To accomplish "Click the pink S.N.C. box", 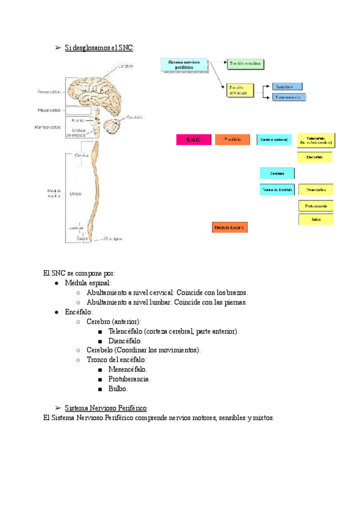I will [x=193, y=140].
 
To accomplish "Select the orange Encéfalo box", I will [x=232, y=140].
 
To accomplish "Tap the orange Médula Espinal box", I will [x=230, y=227].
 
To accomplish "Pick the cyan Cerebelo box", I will [x=277, y=173].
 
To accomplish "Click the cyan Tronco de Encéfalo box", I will [x=277, y=190].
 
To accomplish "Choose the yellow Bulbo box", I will [x=316, y=220].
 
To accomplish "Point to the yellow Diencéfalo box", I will [x=315, y=157].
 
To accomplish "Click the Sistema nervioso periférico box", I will [x=184, y=65].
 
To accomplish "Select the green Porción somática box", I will [x=245, y=63].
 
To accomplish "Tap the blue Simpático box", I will [x=287, y=86].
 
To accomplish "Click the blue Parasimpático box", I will [x=289, y=97].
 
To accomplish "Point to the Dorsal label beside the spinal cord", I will [x=76, y=194].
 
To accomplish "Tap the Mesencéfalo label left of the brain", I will [x=49, y=110].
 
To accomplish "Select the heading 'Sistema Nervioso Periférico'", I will [x=106, y=408].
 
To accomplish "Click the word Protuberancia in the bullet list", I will [x=130, y=379].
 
